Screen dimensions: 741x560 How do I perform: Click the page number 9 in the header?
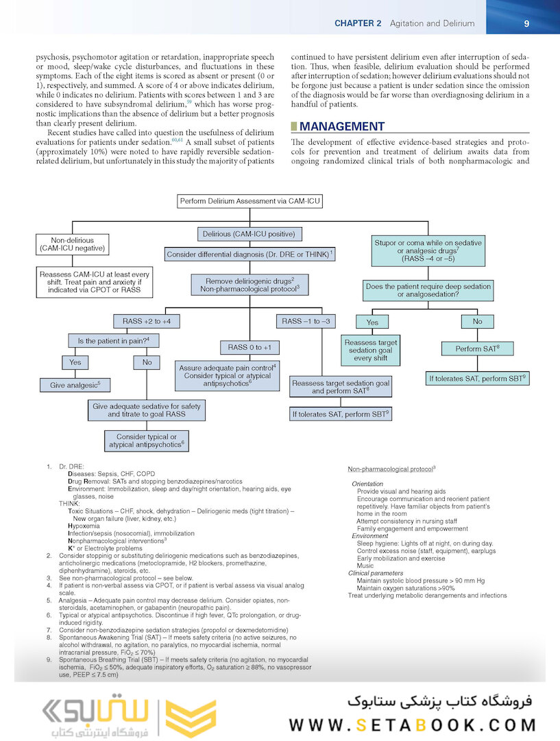pos(526,23)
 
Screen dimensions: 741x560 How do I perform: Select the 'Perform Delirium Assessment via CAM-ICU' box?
pos(249,202)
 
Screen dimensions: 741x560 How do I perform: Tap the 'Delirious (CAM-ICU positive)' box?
pos(250,234)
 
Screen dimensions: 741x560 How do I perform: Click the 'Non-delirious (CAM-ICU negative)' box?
pos(73,245)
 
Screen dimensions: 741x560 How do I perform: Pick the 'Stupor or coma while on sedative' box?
pos(428,252)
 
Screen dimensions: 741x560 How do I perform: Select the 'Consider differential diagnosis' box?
pos(250,255)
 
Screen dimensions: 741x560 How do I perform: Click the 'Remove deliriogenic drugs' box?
pos(250,285)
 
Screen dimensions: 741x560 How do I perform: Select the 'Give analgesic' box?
pos(75,385)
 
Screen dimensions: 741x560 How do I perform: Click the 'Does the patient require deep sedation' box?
pos(428,290)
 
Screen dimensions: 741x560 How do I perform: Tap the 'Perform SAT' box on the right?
pos(478,349)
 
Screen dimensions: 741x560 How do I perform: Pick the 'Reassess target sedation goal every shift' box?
pos(371,350)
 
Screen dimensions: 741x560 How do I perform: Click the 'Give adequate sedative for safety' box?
pos(147,410)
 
